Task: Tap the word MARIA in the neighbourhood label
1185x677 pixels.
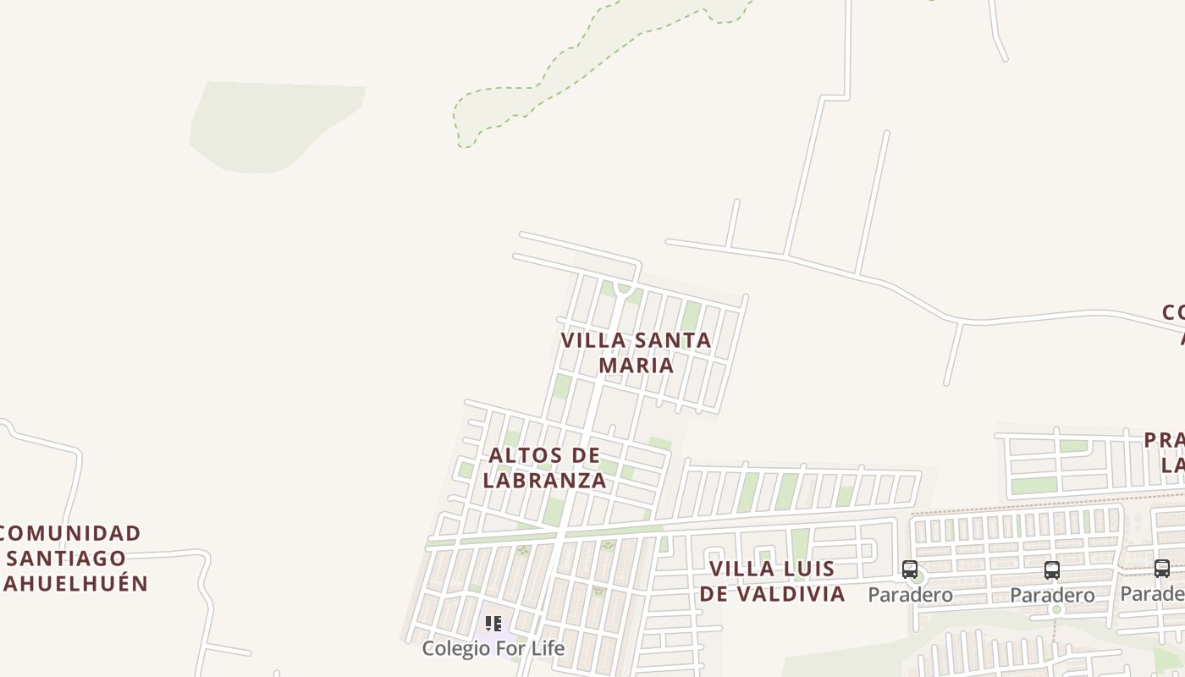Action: [x=637, y=365]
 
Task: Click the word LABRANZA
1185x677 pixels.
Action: [x=545, y=481]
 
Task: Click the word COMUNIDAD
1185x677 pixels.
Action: [x=69, y=533]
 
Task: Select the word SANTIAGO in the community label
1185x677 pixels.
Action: [x=67, y=559]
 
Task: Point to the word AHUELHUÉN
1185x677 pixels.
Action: [x=74, y=583]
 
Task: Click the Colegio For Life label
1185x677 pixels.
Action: [x=493, y=648]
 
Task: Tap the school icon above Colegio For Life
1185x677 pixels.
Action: [x=493, y=625]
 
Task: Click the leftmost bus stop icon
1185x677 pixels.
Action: [x=910, y=570]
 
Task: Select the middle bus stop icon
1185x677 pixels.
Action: [x=1052, y=570]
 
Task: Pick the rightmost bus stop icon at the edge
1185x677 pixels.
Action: [x=1162, y=569]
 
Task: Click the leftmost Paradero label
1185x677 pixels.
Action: [x=910, y=595]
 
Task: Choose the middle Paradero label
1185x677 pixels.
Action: [x=1052, y=596]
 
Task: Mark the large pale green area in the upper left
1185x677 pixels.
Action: [x=271, y=125]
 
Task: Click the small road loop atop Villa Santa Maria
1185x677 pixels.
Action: [x=624, y=288]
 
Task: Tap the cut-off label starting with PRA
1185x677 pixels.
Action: [x=1165, y=440]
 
